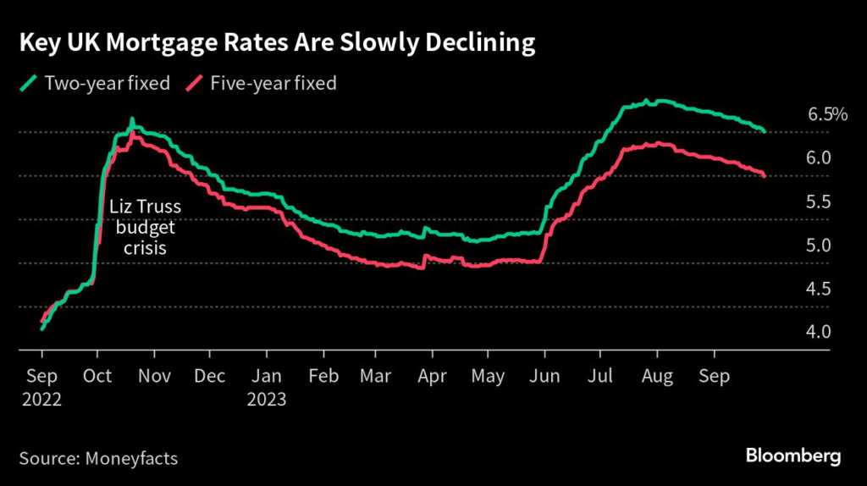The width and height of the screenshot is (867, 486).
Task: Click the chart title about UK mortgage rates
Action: pyautogui.click(x=277, y=45)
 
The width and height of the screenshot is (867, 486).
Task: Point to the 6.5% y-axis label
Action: pyautogui.click(x=827, y=114)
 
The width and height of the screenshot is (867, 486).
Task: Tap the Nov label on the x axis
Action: pyautogui.click(x=153, y=377)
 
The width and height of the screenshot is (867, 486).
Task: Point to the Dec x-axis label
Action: pyautogui.click(x=209, y=377)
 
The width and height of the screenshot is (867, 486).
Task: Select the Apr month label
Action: pyautogui.click(x=433, y=377)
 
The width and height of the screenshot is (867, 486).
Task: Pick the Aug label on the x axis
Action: pyautogui.click(x=657, y=377)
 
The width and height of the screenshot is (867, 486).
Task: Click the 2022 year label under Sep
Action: pyautogui.click(x=41, y=398)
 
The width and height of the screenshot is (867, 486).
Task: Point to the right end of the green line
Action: pyautogui.click(x=765, y=131)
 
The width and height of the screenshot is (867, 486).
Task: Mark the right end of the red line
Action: pyautogui.click(x=765, y=175)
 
